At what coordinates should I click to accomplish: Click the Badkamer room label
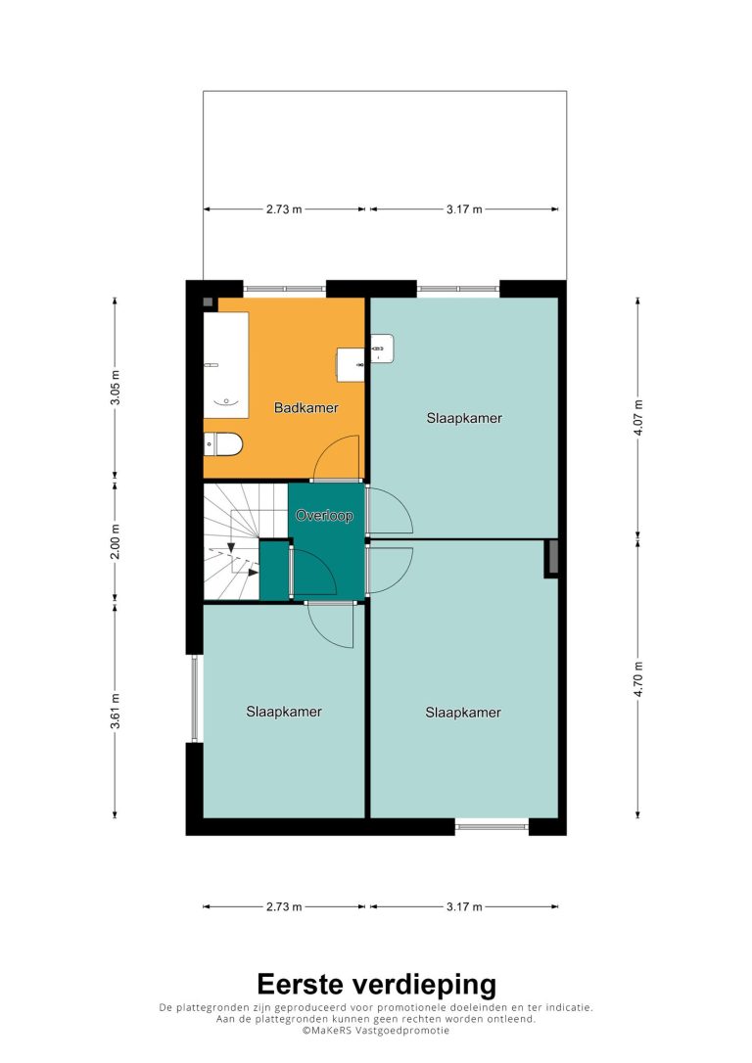(x=305, y=407)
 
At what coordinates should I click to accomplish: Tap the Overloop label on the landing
(x=324, y=516)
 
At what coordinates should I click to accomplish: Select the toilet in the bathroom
(x=223, y=444)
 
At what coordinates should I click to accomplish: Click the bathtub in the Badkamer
(x=226, y=365)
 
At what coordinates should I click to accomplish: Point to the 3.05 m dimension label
(x=116, y=388)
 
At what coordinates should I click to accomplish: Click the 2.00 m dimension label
(x=116, y=541)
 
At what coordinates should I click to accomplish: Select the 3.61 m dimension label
(x=116, y=712)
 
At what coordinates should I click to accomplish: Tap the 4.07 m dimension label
(x=638, y=419)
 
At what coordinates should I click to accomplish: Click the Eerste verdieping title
(x=376, y=985)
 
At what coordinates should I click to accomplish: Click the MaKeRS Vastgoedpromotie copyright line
(x=376, y=1030)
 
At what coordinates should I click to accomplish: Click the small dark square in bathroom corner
(x=209, y=302)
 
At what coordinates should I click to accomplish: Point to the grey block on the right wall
(x=552, y=559)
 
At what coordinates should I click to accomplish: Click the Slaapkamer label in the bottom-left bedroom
(x=283, y=712)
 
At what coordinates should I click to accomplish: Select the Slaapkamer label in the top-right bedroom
(x=464, y=418)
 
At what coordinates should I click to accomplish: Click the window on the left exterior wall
(x=195, y=698)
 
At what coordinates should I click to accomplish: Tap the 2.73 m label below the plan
(x=283, y=906)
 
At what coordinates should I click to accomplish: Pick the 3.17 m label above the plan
(x=464, y=209)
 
